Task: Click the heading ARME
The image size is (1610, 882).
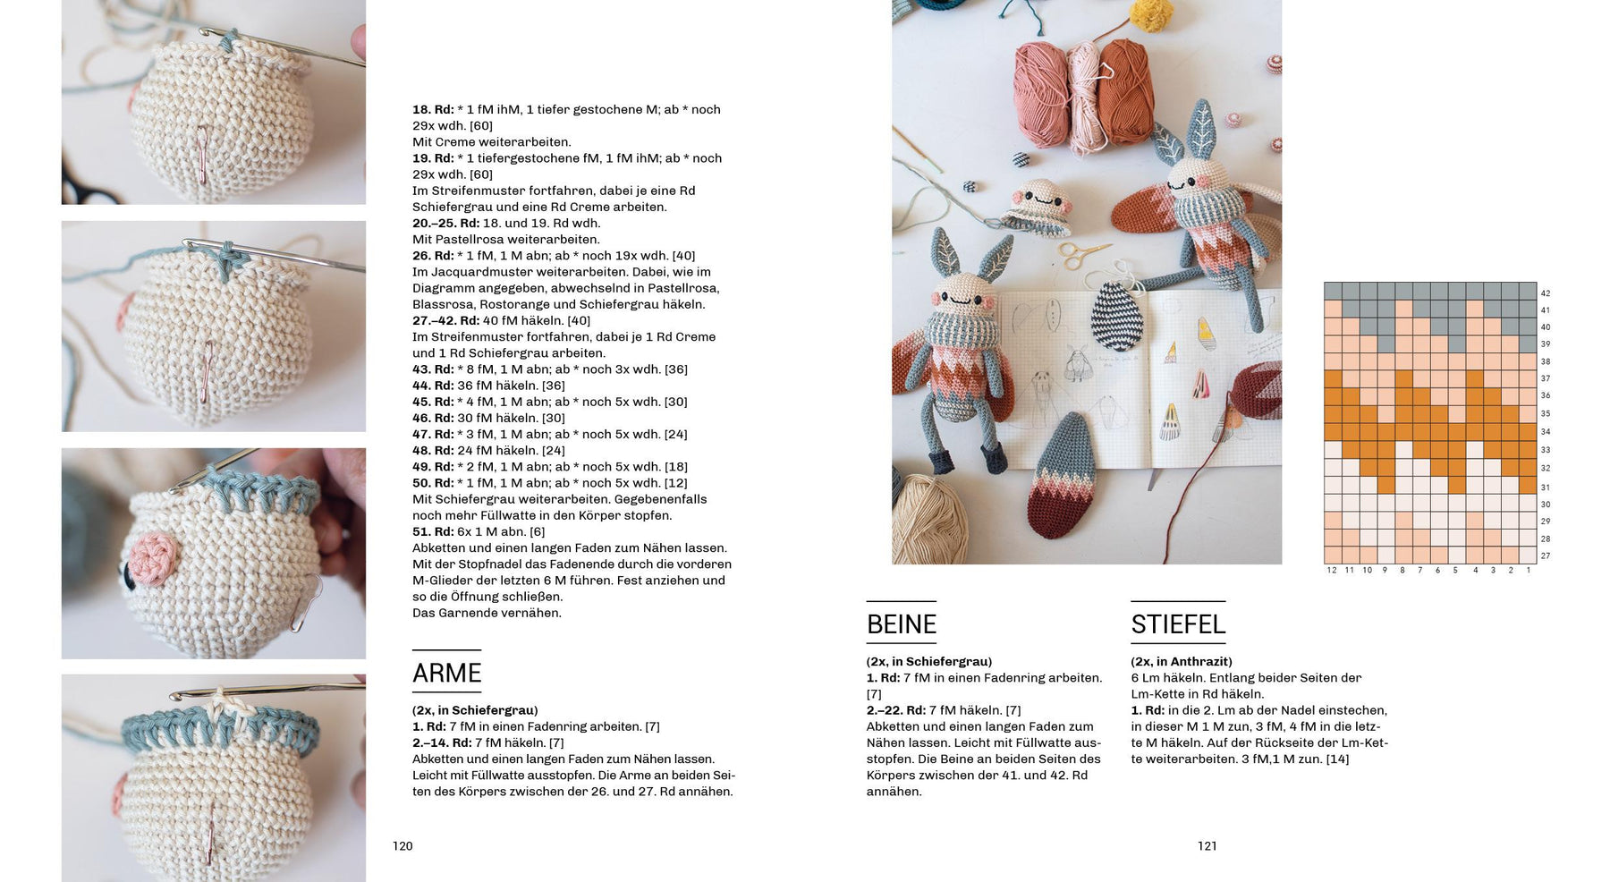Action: coord(446,673)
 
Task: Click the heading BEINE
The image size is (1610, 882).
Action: coord(901,624)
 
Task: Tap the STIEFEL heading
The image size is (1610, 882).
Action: coord(1177,624)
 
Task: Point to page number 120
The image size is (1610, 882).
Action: coord(402,846)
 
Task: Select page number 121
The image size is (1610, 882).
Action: coord(1207,846)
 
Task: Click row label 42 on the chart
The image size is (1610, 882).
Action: coord(1545,293)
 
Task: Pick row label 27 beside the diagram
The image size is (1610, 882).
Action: coord(1545,556)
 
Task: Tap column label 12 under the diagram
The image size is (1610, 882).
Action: coord(1332,571)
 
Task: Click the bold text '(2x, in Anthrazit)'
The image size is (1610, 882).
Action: coord(1181,662)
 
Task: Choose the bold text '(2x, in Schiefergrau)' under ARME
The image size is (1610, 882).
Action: coord(475,710)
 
